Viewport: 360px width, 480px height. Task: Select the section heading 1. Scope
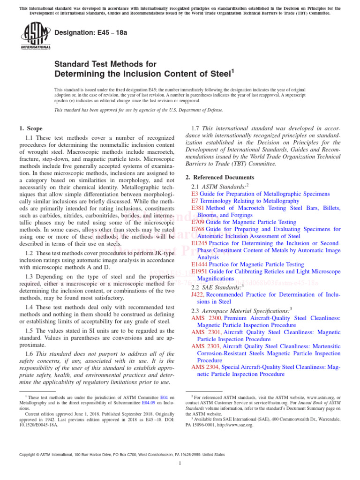tap(30, 128)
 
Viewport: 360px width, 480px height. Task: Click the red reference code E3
tap(195, 194)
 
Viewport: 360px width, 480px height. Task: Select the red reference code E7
tap(195, 201)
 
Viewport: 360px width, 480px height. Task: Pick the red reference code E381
tap(198, 208)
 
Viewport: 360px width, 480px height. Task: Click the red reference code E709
tap(198, 222)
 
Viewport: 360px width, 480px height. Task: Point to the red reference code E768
tap(198, 229)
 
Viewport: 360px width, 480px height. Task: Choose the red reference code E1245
tap(199, 243)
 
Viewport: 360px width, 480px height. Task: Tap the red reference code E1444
tap(199, 264)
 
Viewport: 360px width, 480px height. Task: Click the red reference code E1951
tap(199, 271)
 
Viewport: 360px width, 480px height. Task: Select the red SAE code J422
tap(198, 295)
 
